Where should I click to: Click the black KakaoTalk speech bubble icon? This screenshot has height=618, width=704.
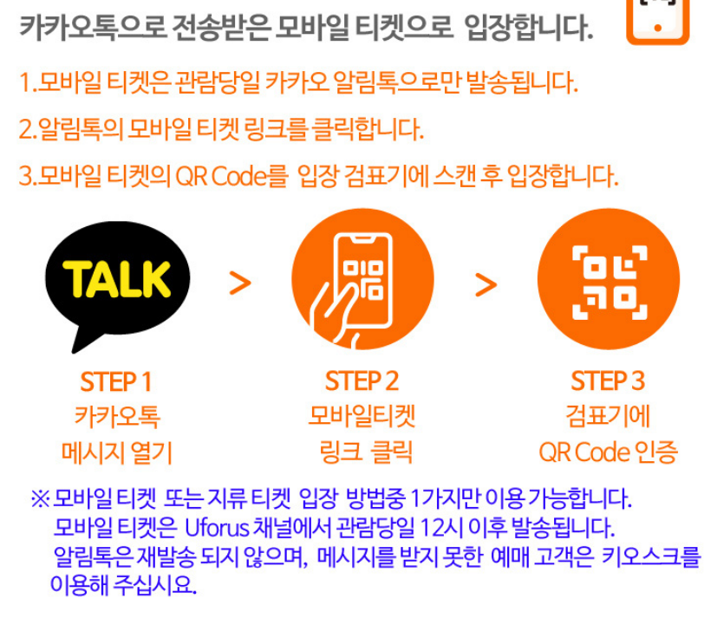pyautogui.click(x=109, y=282)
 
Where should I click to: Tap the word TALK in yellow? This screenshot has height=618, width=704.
pyautogui.click(x=117, y=278)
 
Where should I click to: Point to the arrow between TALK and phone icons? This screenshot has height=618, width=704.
pyautogui.click(x=239, y=283)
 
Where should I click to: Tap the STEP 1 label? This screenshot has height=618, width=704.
pyautogui.click(x=116, y=381)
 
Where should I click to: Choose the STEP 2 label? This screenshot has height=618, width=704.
pyautogui.click(x=362, y=381)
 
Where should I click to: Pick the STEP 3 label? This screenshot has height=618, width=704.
pyautogui.click(x=608, y=381)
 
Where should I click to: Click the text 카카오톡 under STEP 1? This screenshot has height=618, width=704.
pyautogui.click(x=116, y=417)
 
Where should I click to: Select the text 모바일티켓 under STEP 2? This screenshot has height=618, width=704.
pyautogui.click(x=362, y=417)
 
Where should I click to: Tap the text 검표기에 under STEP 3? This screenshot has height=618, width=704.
pyautogui.click(x=608, y=417)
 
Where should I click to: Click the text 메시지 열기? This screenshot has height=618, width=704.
pyautogui.click(x=116, y=452)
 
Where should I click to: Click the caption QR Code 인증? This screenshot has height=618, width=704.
pyautogui.click(x=608, y=452)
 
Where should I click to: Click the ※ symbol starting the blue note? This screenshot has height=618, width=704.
pyautogui.click(x=41, y=499)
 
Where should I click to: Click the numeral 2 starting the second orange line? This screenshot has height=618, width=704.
pyautogui.click(x=24, y=131)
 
